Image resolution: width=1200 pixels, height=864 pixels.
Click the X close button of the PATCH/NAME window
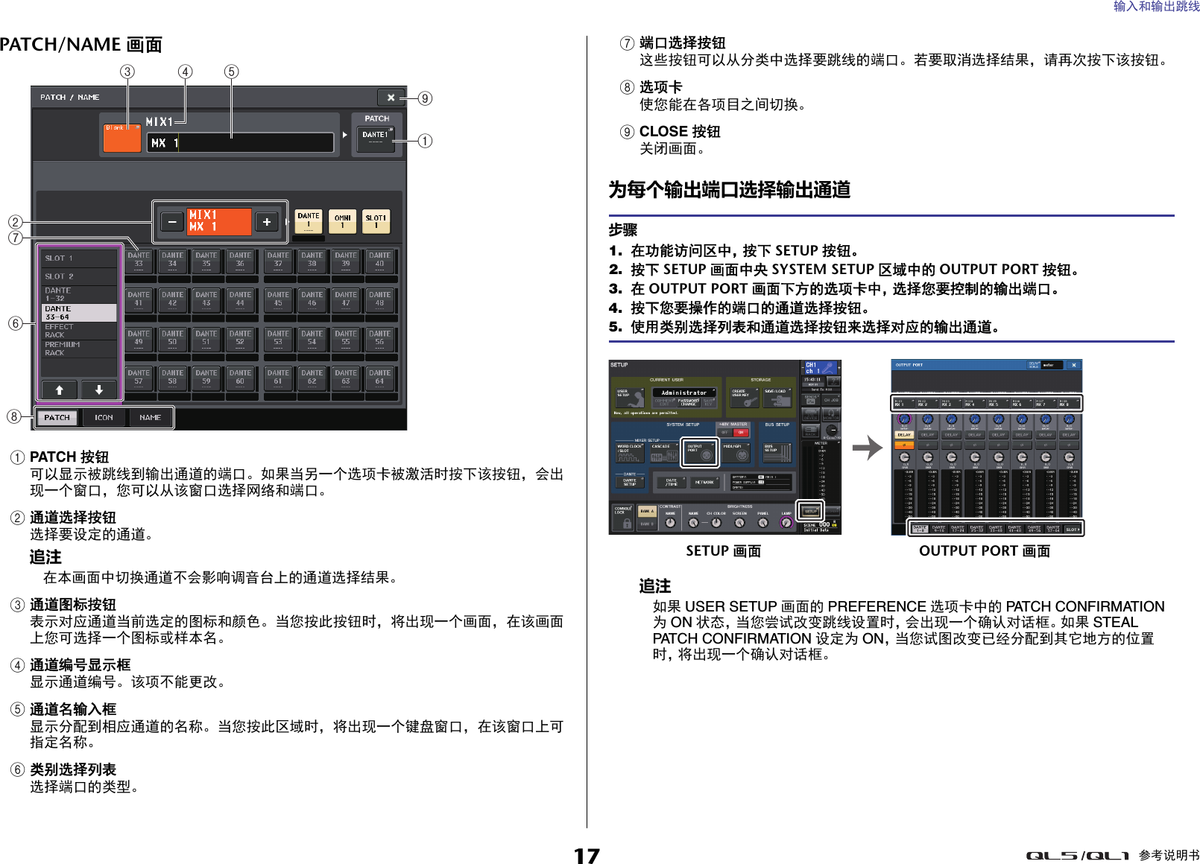tap(391, 98)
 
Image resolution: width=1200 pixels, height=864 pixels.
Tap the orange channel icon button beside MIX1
tap(121, 138)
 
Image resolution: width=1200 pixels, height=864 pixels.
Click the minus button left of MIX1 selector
tap(172, 222)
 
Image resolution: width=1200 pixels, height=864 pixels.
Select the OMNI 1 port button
tap(342, 221)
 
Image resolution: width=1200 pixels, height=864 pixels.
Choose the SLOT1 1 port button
tap(376, 221)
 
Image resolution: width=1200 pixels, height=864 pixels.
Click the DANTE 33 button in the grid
tap(139, 260)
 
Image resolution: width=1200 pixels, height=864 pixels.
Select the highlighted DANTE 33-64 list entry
tap(78, 313)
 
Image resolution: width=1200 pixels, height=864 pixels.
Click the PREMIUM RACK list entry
tap(78, 349)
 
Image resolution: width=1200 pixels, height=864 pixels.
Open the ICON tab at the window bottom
tap(104, 418)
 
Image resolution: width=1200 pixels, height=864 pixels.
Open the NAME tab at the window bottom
tap(150, 418)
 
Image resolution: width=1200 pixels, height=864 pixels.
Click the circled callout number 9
tap(425, 98)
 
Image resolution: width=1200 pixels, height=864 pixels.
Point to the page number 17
tap(587, 855)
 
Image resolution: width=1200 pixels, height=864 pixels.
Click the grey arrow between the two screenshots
tap(867, 448)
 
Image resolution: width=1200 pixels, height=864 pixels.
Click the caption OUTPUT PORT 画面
tap(984, 551)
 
